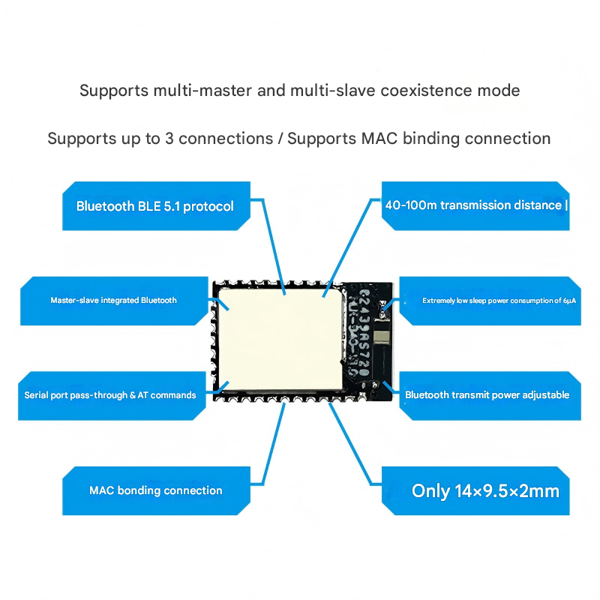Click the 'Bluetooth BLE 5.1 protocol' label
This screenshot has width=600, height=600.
155,206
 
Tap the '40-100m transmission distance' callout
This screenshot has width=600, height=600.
473,205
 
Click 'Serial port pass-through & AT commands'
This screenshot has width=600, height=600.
110,394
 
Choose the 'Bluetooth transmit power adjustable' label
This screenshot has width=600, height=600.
487,394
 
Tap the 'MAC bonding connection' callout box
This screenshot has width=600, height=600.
156,490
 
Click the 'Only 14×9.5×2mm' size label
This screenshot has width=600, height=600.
485,491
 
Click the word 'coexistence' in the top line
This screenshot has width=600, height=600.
428,91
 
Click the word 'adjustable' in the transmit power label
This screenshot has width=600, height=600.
543,394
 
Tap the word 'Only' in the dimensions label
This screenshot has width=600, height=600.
430,491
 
